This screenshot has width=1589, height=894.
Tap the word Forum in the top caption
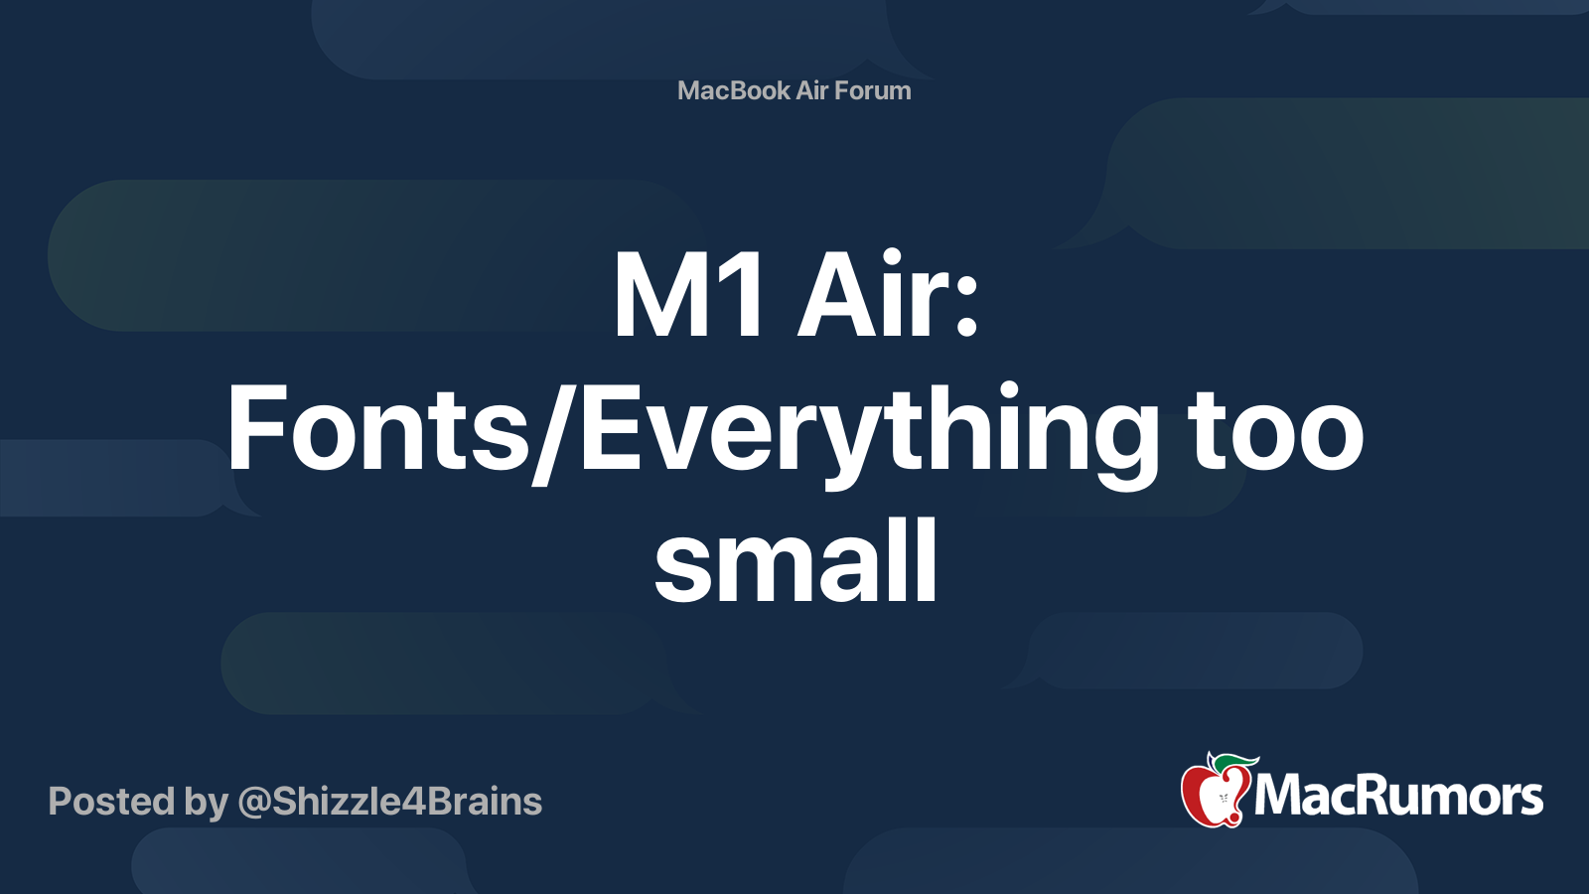(x=872, y=90)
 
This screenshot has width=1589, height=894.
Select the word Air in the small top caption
(x=811, y=90)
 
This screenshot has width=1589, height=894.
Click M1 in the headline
(x=688, y=296)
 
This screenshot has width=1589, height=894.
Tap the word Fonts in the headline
(x=377, y=431)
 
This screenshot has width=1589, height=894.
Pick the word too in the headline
(x=1277, y=431)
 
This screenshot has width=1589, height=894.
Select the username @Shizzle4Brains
(x=389, y=802)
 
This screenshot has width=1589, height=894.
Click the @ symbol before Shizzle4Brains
(x=254, y=803)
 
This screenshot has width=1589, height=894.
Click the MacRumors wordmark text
(x=1398, y=797)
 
